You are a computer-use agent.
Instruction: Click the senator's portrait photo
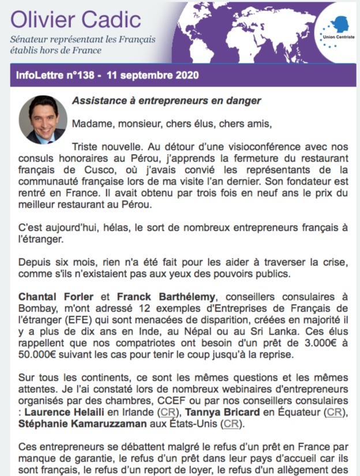pos(43,119)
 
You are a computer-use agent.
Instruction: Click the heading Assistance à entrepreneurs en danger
pos(166,101)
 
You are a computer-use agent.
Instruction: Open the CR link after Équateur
pos(333,413)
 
